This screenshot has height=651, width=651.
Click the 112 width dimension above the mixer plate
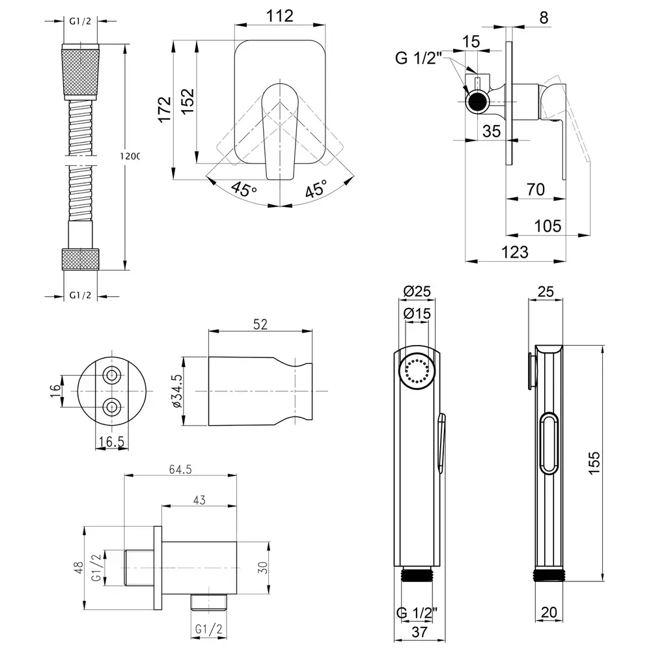pyautogui.click(x=279, y=16)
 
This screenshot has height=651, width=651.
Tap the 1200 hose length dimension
pyautogui.click(x=130, y=156)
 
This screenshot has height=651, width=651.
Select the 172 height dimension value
pyautogui.click(x=165, y=109)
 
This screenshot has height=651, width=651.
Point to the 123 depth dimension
pyautogui.click(x=515, y=252)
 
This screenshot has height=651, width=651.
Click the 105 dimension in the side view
pyautogui.click(x=547, y=226)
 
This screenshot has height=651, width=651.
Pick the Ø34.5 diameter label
pyautogui.click(x=176, y=391)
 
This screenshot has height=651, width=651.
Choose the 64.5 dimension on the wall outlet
pyautogui.click(x=180, y=469)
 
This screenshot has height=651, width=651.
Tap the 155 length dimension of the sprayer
pyautogui.click(x=594, y=463)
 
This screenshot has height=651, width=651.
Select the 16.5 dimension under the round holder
pyautogui.click(x=111, y=441)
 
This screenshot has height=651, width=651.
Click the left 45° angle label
pyautogui.click(x=244, y=189)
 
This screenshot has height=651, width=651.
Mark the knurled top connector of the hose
pyautogui.click(x=81, y=72)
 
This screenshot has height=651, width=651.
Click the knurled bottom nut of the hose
pyautogui.click(x=81, y=259)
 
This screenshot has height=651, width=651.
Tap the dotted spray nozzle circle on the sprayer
pyautogui.click(x=417, y=370)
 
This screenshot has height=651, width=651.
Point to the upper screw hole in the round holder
pyautogui.click(x=112, y=376)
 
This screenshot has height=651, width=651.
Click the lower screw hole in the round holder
pyautogui.click(x=112, y=408)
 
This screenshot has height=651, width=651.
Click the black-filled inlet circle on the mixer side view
pyautogui.click(x=477, y=102)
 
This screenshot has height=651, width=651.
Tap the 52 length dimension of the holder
pyautogui.click(x=260, y=324)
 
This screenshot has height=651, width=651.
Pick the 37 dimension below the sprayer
pyautogui.click(x=419, y=631)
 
